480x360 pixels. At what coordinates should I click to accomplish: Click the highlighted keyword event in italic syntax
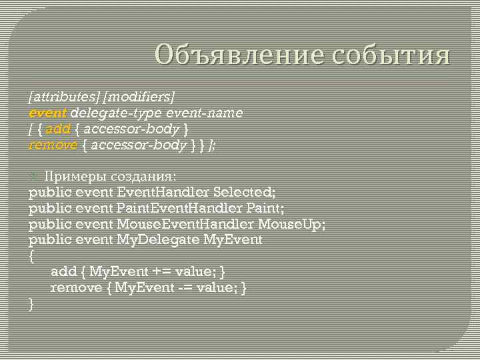pos(47,113)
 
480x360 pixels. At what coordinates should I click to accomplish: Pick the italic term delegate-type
pos(114,113)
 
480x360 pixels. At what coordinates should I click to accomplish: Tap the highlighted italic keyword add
pos(57,129)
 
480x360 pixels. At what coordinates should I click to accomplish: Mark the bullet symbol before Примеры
pos(35,176)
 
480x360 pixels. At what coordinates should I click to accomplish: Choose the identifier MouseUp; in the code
pos(292,224)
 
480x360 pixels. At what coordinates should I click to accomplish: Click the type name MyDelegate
pos(158,239)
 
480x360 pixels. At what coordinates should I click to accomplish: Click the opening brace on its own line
pos(31,255)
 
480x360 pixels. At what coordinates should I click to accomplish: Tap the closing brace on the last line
pos(31,303)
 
